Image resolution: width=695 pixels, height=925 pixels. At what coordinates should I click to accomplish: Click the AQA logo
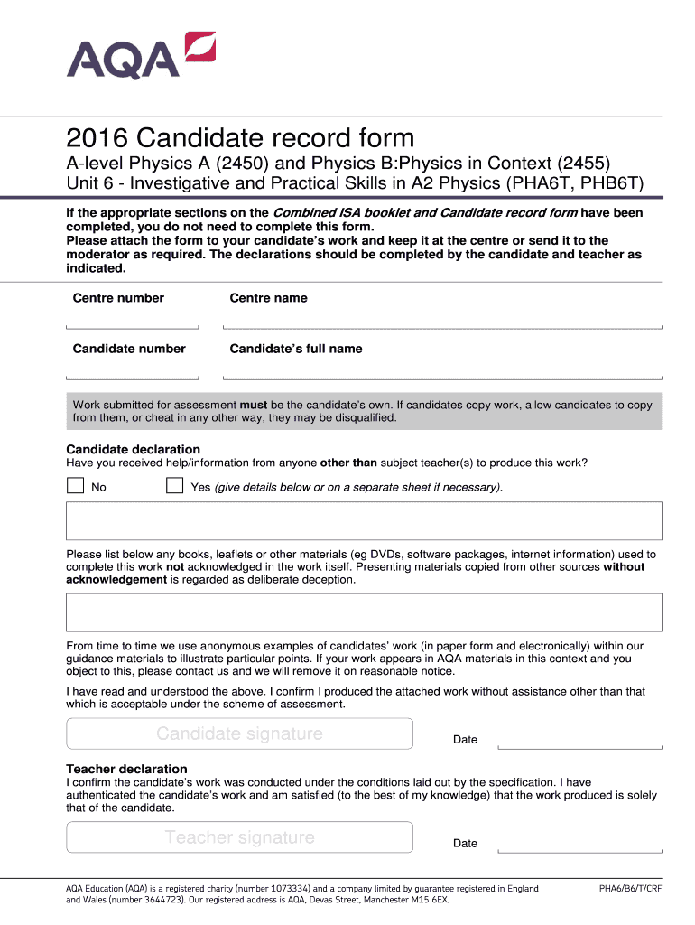pyautogui.click(x=140, y=56)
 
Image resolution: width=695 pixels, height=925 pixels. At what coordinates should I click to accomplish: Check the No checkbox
pyautogui.click(x=75, y=486)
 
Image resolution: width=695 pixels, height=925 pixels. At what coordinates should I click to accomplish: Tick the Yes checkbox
pyautogui.click(x=174, y=486)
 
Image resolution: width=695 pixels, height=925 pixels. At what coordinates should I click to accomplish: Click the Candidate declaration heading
pyautogui.click(x=134, y=449)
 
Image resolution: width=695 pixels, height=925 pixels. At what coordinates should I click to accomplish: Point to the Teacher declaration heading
pyautogui.click(x=127, y=769)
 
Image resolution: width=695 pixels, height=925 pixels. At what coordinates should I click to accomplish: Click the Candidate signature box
pyautogui.click(x=239, y=733)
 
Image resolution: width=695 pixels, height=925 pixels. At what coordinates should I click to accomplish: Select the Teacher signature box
pyautogui.click(x=239, y=837)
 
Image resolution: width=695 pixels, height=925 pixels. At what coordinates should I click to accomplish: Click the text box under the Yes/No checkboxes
pyautogui.click(x=364, y=521)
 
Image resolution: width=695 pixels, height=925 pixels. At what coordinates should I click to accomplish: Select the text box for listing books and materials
pyautogui.click(x=364, y=612)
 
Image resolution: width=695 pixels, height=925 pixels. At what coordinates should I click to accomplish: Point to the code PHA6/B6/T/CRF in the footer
pyautogui.click(x=630, y=889)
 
